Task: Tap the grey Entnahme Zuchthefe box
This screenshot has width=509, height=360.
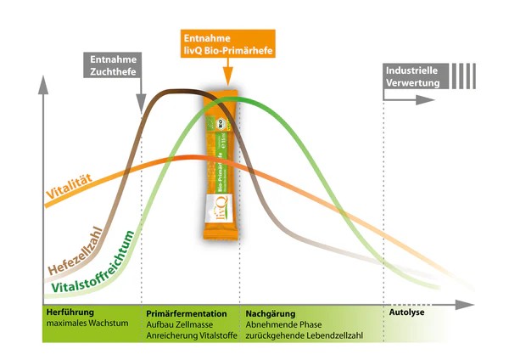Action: point(114,65)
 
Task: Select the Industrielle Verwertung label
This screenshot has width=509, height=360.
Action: point(412,76)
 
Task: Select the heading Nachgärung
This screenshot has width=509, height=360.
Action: point(269,312)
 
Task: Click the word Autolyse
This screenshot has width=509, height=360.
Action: point(406,312)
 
